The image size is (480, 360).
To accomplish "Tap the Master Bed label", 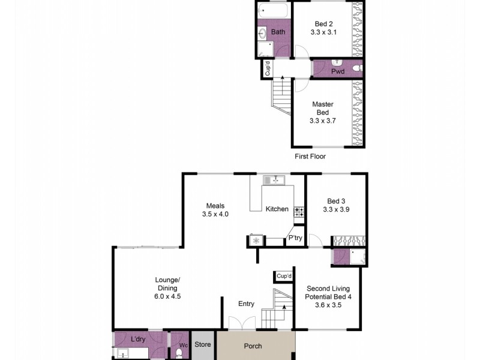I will click(322, 112).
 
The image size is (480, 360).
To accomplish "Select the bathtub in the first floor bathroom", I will click(274, 11).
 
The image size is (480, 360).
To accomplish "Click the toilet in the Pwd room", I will click(356, 68).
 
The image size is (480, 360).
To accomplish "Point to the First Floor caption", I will click(310, 156).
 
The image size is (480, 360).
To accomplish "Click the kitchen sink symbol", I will click(276, 179).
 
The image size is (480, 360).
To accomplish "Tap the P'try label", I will click(295, 238).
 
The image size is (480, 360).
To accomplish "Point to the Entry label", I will click(247, 304).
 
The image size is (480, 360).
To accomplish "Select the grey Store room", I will click(203, 344).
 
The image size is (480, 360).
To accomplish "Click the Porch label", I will click(253, 346).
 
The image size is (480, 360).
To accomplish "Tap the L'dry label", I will click(139, 340).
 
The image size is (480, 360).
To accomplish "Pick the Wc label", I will click(183, 346).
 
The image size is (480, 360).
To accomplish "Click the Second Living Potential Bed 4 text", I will click(328, 296).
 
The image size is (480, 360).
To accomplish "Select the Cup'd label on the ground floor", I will click(284, 276).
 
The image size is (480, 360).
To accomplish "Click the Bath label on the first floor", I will click(278, 31).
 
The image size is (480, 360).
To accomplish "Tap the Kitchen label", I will click(277, 209).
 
